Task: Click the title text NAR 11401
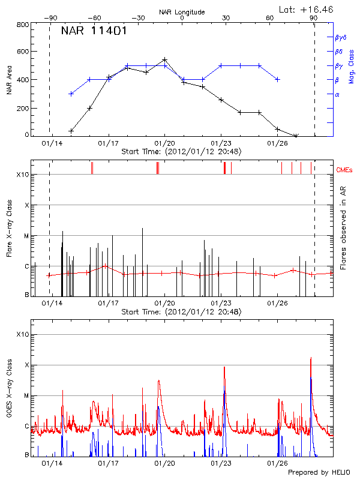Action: point(94,31)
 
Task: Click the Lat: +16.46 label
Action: point(307,9)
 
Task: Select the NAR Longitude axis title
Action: point(182,12)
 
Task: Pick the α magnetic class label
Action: point(337,94)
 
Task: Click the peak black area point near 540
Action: point(164,59)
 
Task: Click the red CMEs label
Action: point(345,170)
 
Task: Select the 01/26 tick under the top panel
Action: point(277,143)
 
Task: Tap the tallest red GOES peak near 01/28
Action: point(311,358)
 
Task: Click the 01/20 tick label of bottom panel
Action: point(164,463)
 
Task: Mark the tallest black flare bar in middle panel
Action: point(142,229)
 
